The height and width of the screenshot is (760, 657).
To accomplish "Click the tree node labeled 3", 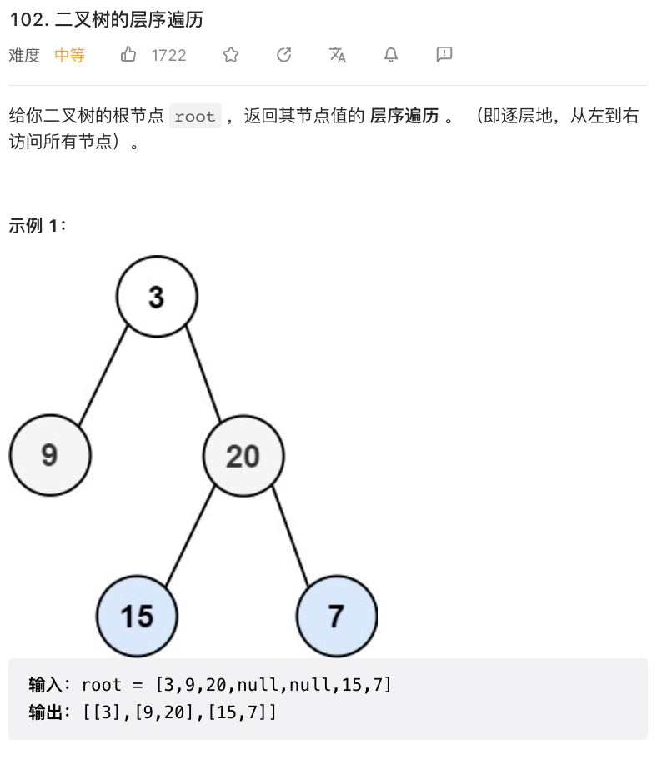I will coord(157,296).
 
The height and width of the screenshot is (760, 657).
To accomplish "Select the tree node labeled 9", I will coord(50,455).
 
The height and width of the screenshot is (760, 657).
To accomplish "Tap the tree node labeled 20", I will coord(243,455).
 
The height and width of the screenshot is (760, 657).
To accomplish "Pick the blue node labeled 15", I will coord(137,616).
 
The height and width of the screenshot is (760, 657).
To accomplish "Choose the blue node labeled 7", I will coord(336,616).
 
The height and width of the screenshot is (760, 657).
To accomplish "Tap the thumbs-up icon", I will coord(128,55).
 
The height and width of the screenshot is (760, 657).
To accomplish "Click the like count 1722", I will coord(168,56).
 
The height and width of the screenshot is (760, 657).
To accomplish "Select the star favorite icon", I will coord(231,55).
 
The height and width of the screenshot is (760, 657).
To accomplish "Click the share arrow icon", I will coord(284,55).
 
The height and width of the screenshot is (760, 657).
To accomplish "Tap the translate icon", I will coord(338,55).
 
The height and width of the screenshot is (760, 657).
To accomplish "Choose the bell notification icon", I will coord(391,55).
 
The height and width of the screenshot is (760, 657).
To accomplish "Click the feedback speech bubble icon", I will coord(444,55).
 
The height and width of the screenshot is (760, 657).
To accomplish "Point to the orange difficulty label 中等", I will coord(70,56).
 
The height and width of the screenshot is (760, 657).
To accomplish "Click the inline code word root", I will coord(196,117).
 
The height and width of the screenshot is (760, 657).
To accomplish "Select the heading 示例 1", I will coord(38,225).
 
